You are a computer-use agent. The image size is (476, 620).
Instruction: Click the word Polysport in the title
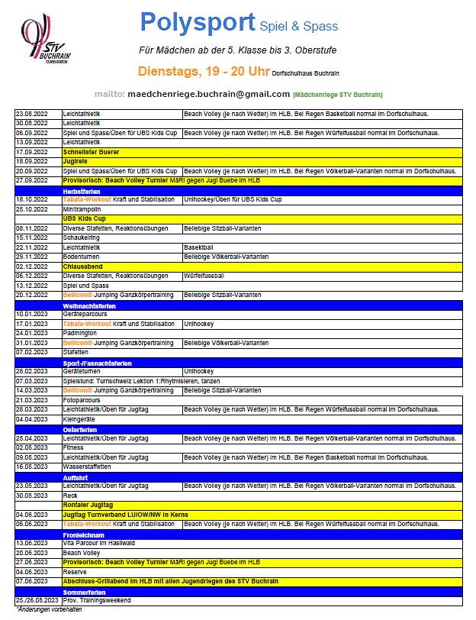(x=197, y=24)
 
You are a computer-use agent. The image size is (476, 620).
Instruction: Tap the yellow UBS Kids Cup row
(x=84, y=218)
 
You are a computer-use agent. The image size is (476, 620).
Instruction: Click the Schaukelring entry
(x=82, y=237)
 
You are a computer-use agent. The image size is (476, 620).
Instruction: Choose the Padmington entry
(x=81, y=332)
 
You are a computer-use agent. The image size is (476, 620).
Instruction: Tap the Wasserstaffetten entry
(x=87, y=466)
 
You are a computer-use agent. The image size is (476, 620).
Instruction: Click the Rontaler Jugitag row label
(x=86, y=504)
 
